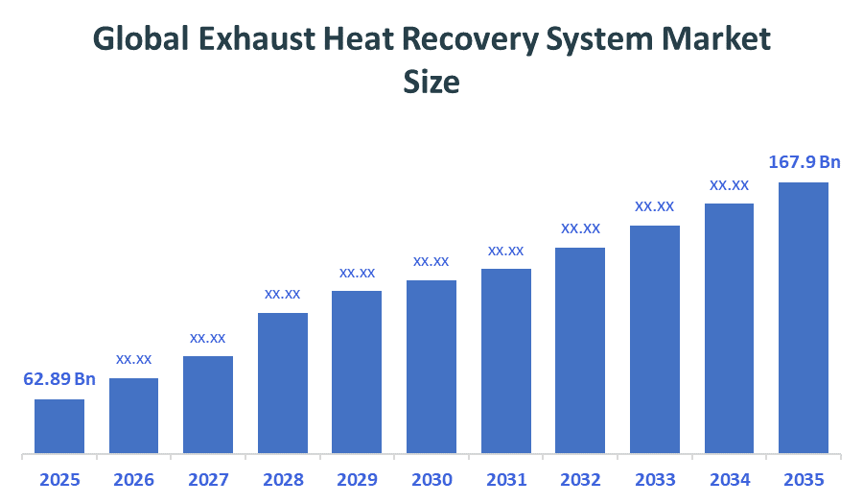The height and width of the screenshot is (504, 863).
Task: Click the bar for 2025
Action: click(x=59, y=425)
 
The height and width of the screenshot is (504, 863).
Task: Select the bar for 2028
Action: click(x=283, y=382)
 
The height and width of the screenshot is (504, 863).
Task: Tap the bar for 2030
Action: click(x=431, y=366)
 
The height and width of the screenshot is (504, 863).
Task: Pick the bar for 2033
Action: click(x=655, y=339)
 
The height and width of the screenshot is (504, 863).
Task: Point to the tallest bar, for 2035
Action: click(x=804, y=317)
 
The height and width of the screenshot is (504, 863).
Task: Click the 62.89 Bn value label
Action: click(x=59, y=379)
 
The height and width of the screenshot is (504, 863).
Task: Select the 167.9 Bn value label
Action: click(x=805, y=162)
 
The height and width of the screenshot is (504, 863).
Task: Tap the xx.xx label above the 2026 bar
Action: click(x=134, y=359)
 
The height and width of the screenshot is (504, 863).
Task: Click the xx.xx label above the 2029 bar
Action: click(x=357, y=273)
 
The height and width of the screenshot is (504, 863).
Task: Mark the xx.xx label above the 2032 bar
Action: click(x=580, y=228)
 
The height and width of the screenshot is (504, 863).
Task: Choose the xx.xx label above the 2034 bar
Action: click(x=729, y=184)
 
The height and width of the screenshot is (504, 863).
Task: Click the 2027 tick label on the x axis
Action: click(x=208, y=479)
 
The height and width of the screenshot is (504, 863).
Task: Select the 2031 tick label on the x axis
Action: click(x=505, y=479)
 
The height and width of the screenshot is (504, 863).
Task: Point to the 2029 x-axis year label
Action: click(x=357, y=479)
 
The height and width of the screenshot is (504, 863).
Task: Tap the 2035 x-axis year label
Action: click(x=804, y=479)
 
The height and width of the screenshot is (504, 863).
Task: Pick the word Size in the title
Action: click(x=431, y=82)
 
